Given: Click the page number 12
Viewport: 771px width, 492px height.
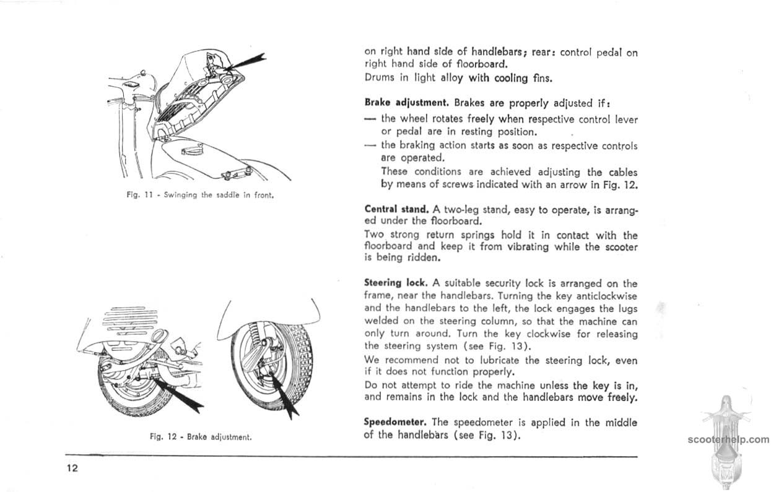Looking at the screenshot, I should coord(72,468).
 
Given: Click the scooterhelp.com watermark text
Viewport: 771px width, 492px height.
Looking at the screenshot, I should coord(728,440).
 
